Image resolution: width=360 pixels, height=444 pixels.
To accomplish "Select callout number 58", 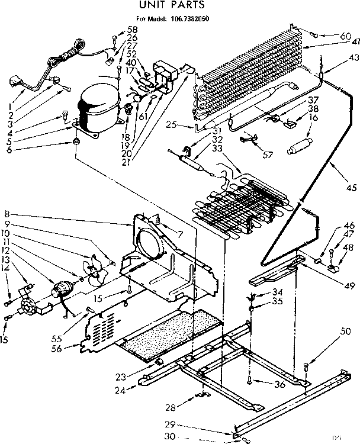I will point(131,30).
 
